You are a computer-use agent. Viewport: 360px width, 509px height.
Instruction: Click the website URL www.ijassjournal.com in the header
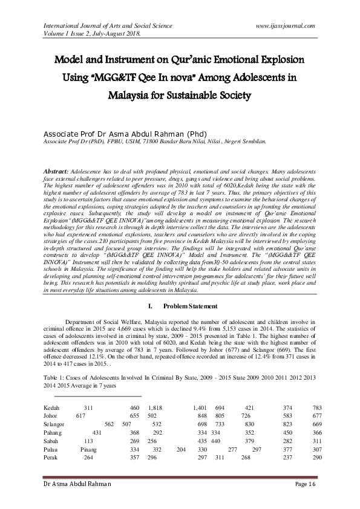pos(286,26)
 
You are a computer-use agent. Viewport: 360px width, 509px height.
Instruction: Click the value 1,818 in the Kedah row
pos(154,408)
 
